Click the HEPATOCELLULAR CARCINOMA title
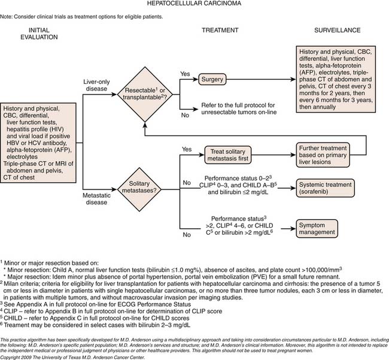click(x=194, y=5)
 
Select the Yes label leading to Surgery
click(x=186, y=74)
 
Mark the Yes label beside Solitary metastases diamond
click(x=186, y=150)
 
